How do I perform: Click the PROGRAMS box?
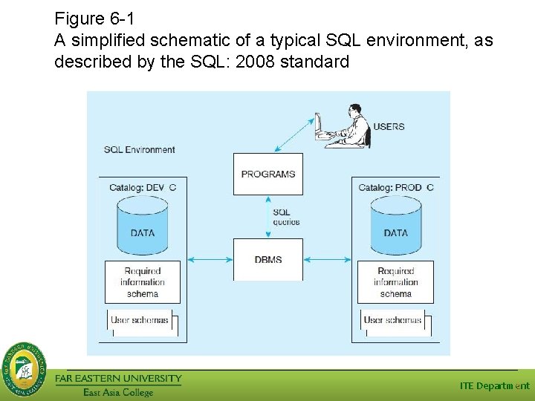pyautogui.click(x=268, y=174)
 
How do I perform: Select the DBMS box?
pyautogui.click(x=268, y=259)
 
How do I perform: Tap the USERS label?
pyautogui.click(x=389, y=126)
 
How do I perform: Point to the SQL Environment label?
pyautogui.click(x=139, y=149)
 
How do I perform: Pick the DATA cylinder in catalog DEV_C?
pyautogui.click(x=143, y=225)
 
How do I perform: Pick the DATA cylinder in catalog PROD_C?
pyautogui.click(x=395, y=225)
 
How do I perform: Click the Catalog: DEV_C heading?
pyautogui.click(x=143, y=187)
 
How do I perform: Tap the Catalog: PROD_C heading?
pyautogui.click(x=395, y=187)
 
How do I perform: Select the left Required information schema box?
pyautogui.click(x=143, y=282)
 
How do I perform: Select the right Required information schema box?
pyautogui.click(x=395, y=282)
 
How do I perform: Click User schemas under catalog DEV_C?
pyautogui.click(x=140, y=321)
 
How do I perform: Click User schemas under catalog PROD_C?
pyautogui.click(x=394, y=321)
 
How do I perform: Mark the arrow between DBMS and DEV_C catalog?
pyautogui.click(x=210, y=259)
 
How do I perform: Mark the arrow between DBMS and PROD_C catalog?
pyautogui.click(x=327, y=259)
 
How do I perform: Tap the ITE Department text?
pyautogui.click(x=494, y=385)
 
